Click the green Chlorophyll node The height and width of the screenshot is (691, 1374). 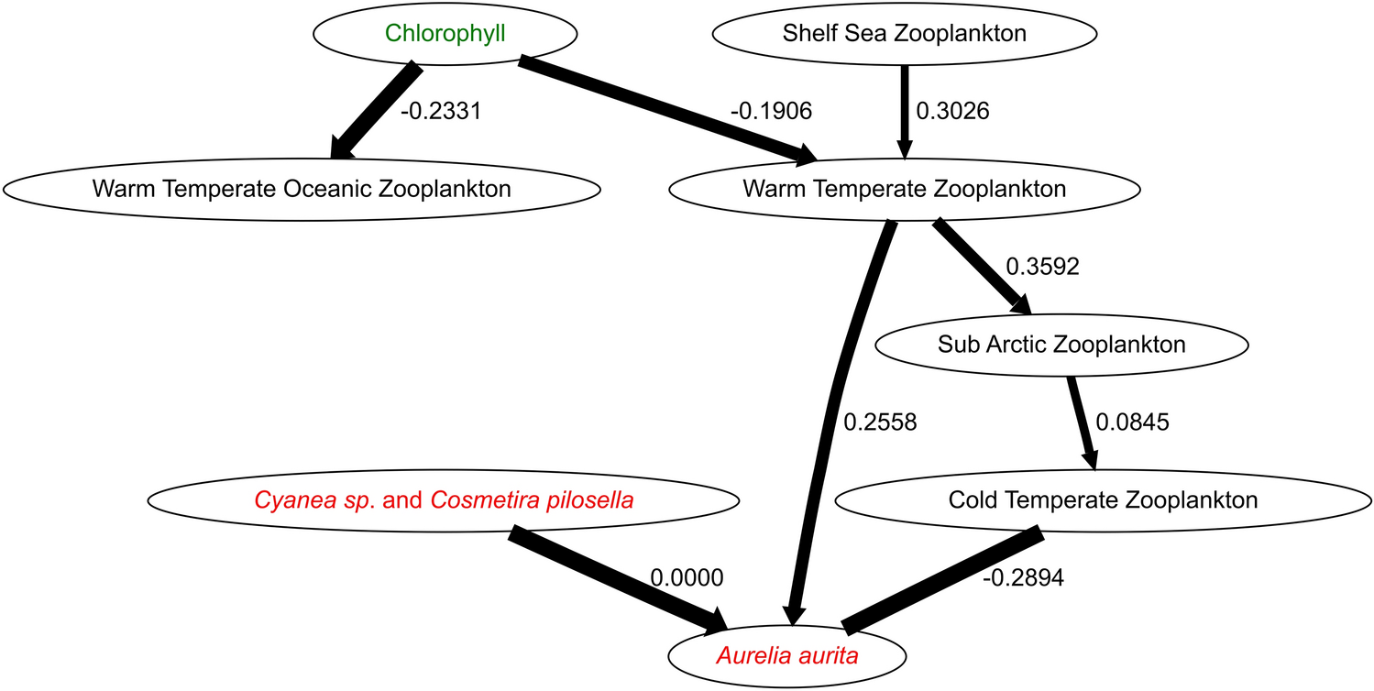pos(445,34)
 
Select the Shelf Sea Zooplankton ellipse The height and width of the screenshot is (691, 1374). pos(904,34)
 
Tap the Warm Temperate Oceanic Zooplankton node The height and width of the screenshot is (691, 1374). pos(302,190)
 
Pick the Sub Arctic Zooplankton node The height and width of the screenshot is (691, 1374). pos(1061,345)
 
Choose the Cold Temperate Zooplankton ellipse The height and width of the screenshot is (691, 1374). pos(1103,500)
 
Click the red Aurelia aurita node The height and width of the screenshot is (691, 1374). pos(788,656)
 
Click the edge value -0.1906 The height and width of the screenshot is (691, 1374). pos(772,111)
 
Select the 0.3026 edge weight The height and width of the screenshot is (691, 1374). pos(952,111)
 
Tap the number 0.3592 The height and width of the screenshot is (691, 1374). pos(1042,267)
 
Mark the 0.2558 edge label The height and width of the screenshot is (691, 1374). pos(879,422)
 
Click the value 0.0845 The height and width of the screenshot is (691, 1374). pos(1133,422)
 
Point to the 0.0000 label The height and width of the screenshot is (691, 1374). pos(687,578)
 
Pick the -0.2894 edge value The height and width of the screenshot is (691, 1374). pos(1023,578)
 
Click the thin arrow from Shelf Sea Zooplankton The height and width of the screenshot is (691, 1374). pos(905,110)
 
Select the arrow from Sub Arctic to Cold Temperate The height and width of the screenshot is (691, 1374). pos(1082,422)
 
